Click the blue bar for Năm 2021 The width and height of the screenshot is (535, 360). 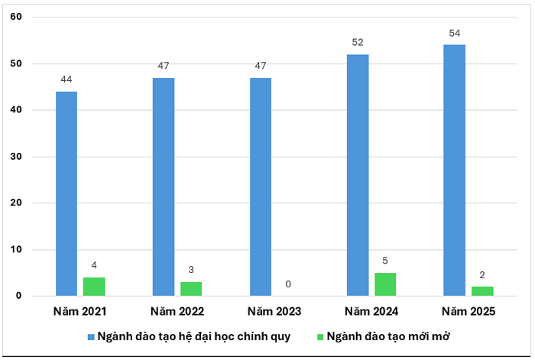tap(66, 193)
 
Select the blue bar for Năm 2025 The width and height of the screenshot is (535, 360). tap(454, 170)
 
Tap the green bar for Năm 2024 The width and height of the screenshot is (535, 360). tap(385, 284)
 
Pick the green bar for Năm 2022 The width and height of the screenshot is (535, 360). tap(191, 289)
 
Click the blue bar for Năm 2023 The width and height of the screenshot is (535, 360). tap(260, 186)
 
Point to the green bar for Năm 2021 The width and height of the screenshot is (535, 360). tap(94, 287)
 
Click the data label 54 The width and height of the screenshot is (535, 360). tap(454, 33)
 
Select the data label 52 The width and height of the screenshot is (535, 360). tap(357, 43)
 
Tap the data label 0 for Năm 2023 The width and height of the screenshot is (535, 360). tap(288, 284)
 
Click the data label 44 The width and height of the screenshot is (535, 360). tap(66, 79)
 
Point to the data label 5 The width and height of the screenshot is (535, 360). tap(385, 261)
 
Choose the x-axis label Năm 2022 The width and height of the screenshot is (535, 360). tap(177, 311)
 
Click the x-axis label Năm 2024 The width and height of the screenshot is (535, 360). tap(371, 311)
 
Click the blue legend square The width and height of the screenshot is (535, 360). tap(90, 337)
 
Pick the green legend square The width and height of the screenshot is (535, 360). tap(319, 337)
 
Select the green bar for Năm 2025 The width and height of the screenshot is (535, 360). tap(482, 291)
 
